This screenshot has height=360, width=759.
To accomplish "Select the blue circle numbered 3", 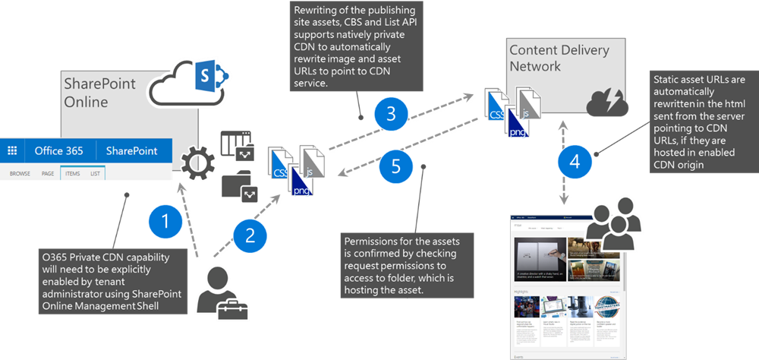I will click(x=391, y=114).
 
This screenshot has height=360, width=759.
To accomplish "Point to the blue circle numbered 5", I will click(x=395, y=166).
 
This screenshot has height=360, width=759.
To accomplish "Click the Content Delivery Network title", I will click(x=559, y=58).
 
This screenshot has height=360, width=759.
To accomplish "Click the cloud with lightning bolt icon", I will click(x=605, y=102).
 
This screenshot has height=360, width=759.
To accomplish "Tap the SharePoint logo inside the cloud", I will click(x=206, y=77).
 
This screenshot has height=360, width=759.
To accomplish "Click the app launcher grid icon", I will click(x=12, y=150).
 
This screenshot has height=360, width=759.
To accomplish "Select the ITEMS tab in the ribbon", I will click(x=72, y=174).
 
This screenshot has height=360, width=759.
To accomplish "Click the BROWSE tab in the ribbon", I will click(x=20, y=174).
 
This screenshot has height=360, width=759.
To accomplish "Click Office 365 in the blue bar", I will click(x=58, y=150).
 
